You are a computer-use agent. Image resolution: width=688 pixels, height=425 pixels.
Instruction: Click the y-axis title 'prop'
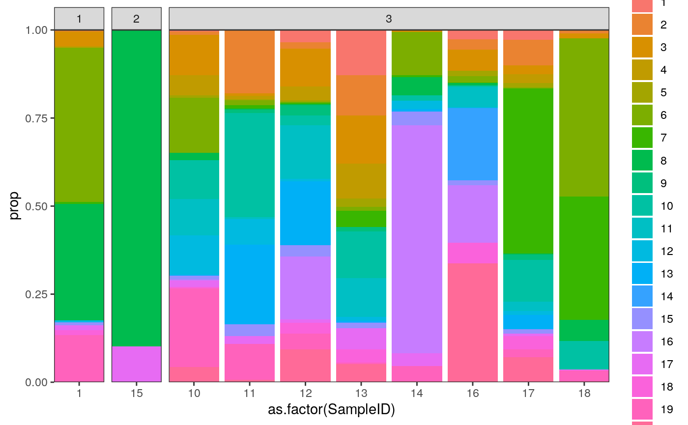click(15, 206)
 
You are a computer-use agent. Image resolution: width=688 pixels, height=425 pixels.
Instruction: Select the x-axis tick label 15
click(136, 394)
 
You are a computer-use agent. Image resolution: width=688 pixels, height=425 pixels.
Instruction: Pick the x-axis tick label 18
click(584, 394)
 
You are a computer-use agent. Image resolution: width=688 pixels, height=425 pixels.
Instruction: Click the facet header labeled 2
click(136, 19)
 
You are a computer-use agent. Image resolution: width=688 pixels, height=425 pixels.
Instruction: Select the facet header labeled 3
click(389, 19)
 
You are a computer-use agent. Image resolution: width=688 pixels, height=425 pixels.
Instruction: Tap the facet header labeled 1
click(79, 19)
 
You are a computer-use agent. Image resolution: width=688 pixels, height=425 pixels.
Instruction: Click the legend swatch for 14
click(642, 296)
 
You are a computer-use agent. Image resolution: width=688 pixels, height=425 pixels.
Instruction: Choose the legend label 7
click(663, 138)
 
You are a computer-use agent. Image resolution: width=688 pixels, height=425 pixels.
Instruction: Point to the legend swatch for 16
click(642, 341)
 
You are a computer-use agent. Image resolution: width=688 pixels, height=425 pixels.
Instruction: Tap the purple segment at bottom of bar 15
click(136, 364)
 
